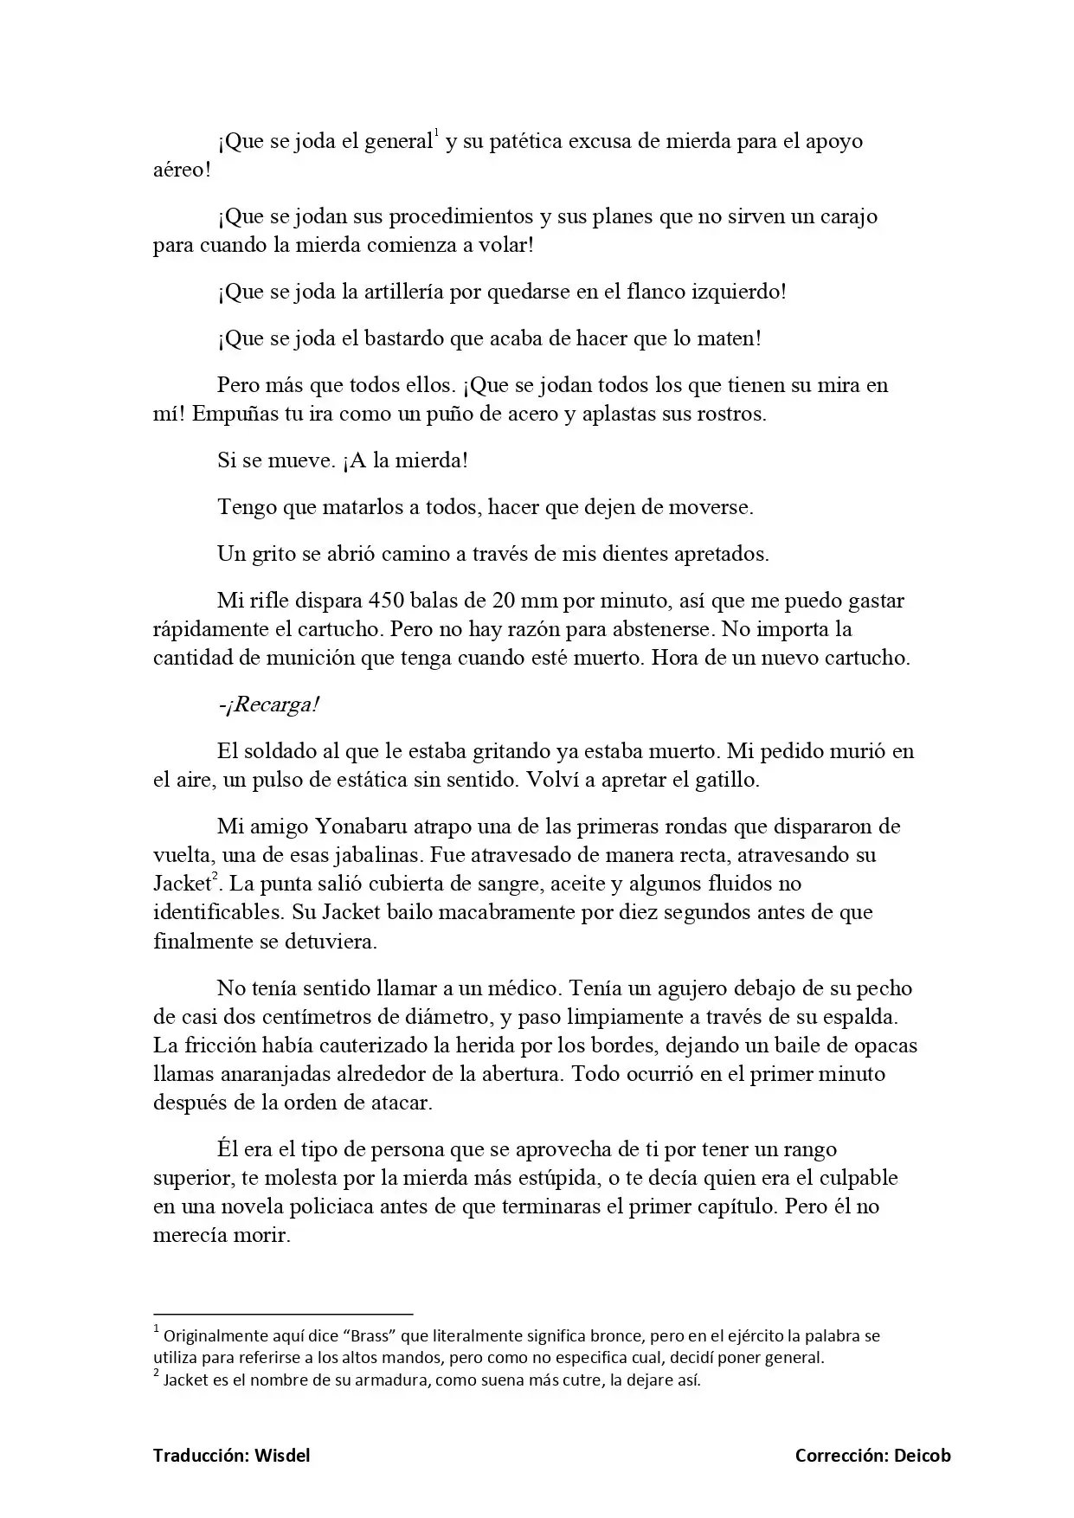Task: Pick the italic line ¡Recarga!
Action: (269, 704)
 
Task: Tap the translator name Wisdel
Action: (282, 1456)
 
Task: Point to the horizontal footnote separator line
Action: (283, 1313)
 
